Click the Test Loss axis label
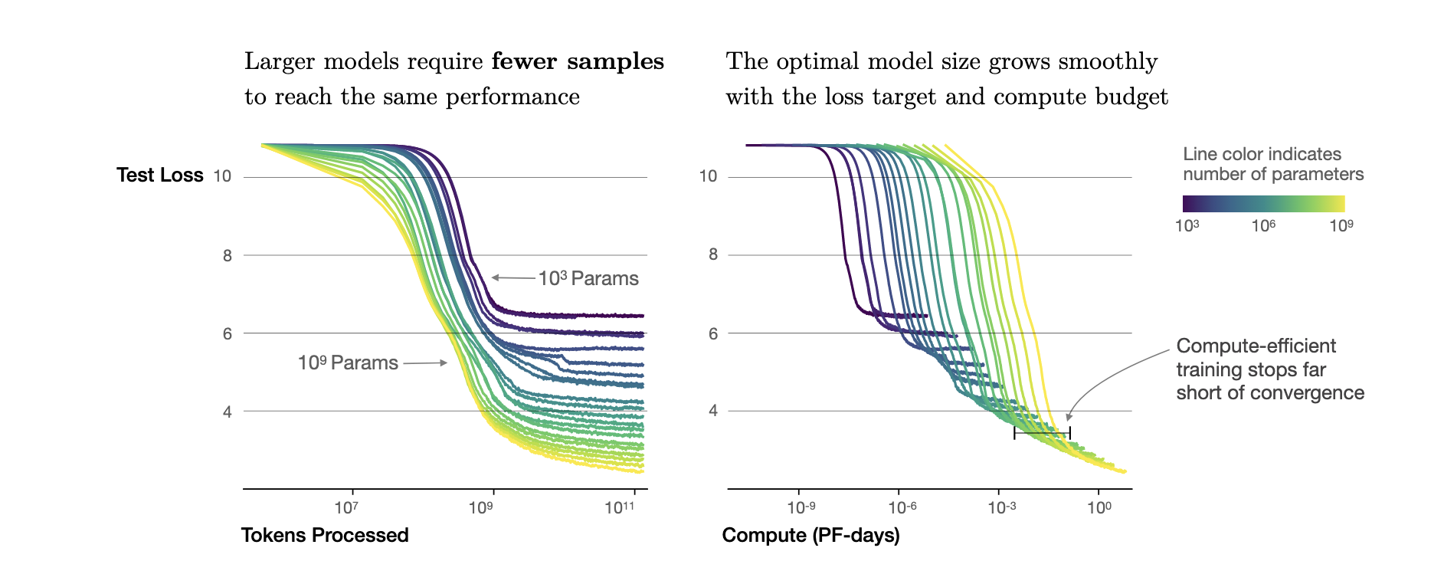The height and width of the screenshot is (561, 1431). (x=159, y=176)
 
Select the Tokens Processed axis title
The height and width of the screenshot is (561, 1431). (x=325, y=535)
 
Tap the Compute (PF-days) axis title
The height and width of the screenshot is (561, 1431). (x=810, y=535)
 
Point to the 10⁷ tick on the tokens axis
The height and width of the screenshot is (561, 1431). (x=347, y=507)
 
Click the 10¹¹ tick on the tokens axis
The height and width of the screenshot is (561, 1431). (x=619, y=507)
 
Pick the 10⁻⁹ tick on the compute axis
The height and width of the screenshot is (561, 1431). (x=801, y=507)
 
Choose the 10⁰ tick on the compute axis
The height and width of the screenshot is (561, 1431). (x=1099, y=507)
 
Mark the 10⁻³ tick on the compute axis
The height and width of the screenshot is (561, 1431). (x=1001, y=507)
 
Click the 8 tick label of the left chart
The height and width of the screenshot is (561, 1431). (x=228, y=256)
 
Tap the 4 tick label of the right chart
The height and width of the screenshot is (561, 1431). (x=713, y=411)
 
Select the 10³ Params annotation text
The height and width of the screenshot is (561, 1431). (x=588, y=278)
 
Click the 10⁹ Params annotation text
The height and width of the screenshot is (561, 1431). (x=348, y=363)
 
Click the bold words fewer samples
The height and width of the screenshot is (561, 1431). (x=578, y=61)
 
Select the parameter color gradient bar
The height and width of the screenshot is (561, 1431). (x=1263, y=203)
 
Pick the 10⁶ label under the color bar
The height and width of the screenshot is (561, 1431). (x=1263, y=225)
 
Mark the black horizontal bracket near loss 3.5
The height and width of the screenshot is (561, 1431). (x=1042, y=434)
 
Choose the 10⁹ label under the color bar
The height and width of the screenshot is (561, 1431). (x=1341, y=225)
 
